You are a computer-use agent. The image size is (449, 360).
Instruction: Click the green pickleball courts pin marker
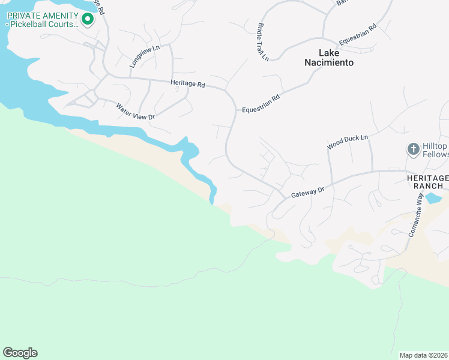88,19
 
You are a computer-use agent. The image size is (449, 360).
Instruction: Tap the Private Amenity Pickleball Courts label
42,20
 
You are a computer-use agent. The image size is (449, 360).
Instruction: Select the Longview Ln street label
145,56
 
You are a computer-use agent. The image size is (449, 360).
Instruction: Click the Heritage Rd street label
188,84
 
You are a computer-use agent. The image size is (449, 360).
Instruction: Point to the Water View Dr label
135,112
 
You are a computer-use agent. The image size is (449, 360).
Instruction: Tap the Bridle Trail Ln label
263,41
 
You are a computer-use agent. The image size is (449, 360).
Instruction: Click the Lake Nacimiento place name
328,58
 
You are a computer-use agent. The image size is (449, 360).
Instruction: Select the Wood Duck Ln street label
347,142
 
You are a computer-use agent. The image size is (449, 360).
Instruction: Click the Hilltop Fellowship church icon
413,149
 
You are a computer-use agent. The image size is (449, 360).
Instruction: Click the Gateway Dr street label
307,192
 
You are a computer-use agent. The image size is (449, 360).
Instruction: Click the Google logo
20,353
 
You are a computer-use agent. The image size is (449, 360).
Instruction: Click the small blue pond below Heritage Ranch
433,198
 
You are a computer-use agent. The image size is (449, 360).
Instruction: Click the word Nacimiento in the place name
328,62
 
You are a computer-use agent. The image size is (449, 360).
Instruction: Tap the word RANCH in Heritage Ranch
427,187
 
